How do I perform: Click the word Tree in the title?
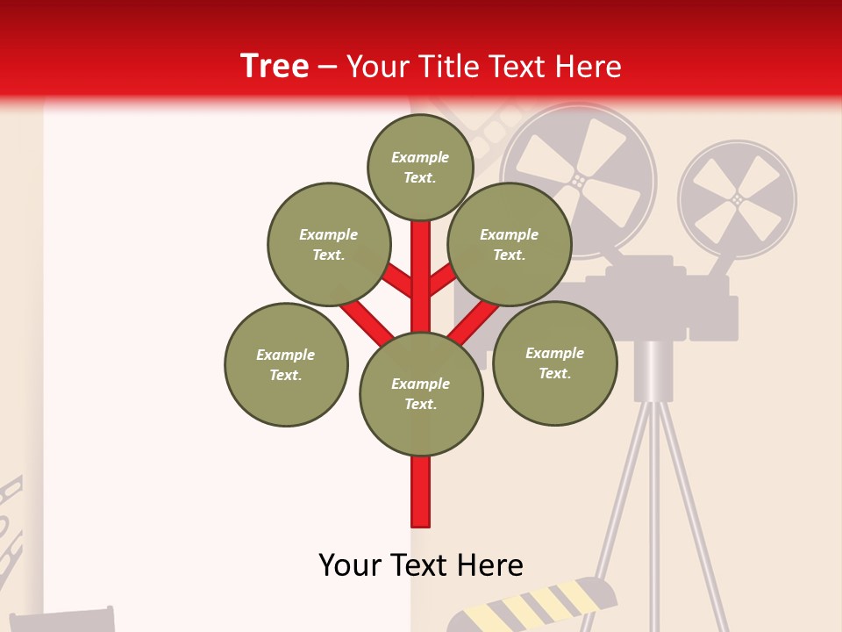(275, 66)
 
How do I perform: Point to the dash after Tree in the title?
(327, 67)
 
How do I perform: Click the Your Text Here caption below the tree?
(421, 564)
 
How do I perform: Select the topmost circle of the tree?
(420, 167)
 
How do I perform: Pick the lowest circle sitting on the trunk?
(421, 394)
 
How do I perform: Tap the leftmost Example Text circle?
(286, 365)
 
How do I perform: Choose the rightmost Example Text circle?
(554, 363)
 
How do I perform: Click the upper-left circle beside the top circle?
(329, 244)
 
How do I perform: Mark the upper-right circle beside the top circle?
(510, 244)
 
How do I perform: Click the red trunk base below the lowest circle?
(421, 492)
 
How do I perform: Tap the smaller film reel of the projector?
(737, 199)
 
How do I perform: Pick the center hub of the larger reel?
(578, 180)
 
